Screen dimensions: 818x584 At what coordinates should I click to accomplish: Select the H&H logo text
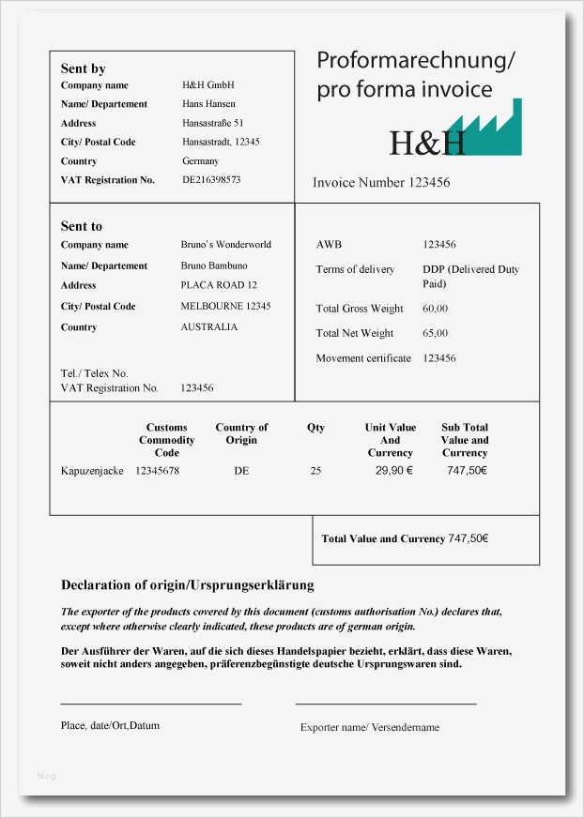[x=427, y=143]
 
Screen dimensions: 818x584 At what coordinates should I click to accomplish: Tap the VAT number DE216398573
[x=211, y=179]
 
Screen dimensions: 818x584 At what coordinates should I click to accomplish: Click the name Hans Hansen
[x=208, y=104]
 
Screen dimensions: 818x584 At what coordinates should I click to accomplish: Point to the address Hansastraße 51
[x=213, y=123]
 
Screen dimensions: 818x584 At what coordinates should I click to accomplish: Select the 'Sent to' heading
[x=82, y=226]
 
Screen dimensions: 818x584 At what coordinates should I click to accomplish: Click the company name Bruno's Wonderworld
[x=225, y=245]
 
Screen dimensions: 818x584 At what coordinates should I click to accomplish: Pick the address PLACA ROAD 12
[x=219, y=285]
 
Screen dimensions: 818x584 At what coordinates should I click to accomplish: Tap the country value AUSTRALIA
[x=208, y=327]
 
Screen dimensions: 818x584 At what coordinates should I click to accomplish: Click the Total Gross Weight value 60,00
[x=435, y=309]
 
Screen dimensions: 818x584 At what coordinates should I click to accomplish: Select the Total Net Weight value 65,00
[x=435, y=333]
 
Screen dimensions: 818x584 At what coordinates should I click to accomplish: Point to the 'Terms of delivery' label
[x=355, y=270]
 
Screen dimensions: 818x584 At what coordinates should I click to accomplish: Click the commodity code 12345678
[x=157, y=471]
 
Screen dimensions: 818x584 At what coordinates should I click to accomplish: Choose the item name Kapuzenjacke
[x=92, y=471]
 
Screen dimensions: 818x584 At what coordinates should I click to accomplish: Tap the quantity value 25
[x=315, y=471]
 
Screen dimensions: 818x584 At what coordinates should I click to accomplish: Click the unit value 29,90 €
[x=394, y=471]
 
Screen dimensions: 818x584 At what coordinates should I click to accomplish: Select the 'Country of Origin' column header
[x=241, y=433]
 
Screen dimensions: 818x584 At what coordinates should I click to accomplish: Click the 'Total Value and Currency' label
[x=383, y=539]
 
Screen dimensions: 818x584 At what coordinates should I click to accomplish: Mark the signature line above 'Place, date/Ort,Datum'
[x=151, y=704]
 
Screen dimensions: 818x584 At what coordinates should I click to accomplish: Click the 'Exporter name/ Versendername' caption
[x=370, y=727]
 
